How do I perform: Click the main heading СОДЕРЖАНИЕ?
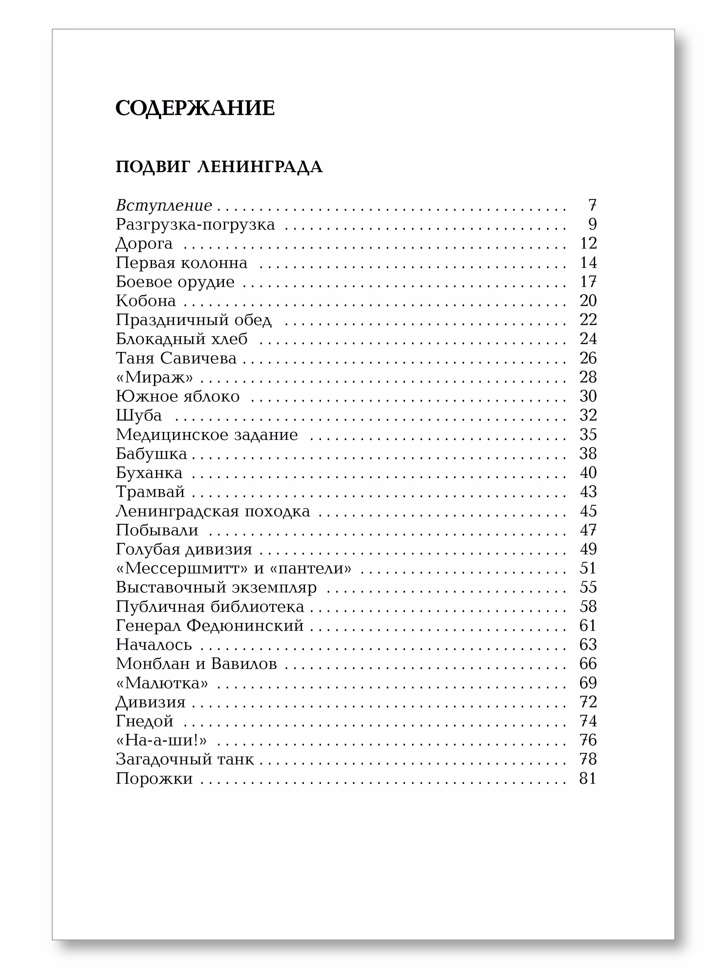click(x=195, y=108)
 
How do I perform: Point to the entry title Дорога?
click(x=144, y=244)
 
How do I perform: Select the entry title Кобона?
click(x=146, y=301)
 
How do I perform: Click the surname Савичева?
click(x=198, y=358)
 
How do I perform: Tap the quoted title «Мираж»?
click(x=154, y=377)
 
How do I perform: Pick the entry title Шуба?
click(x=139, y=415)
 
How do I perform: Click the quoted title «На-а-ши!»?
click(x=161, y=740)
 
